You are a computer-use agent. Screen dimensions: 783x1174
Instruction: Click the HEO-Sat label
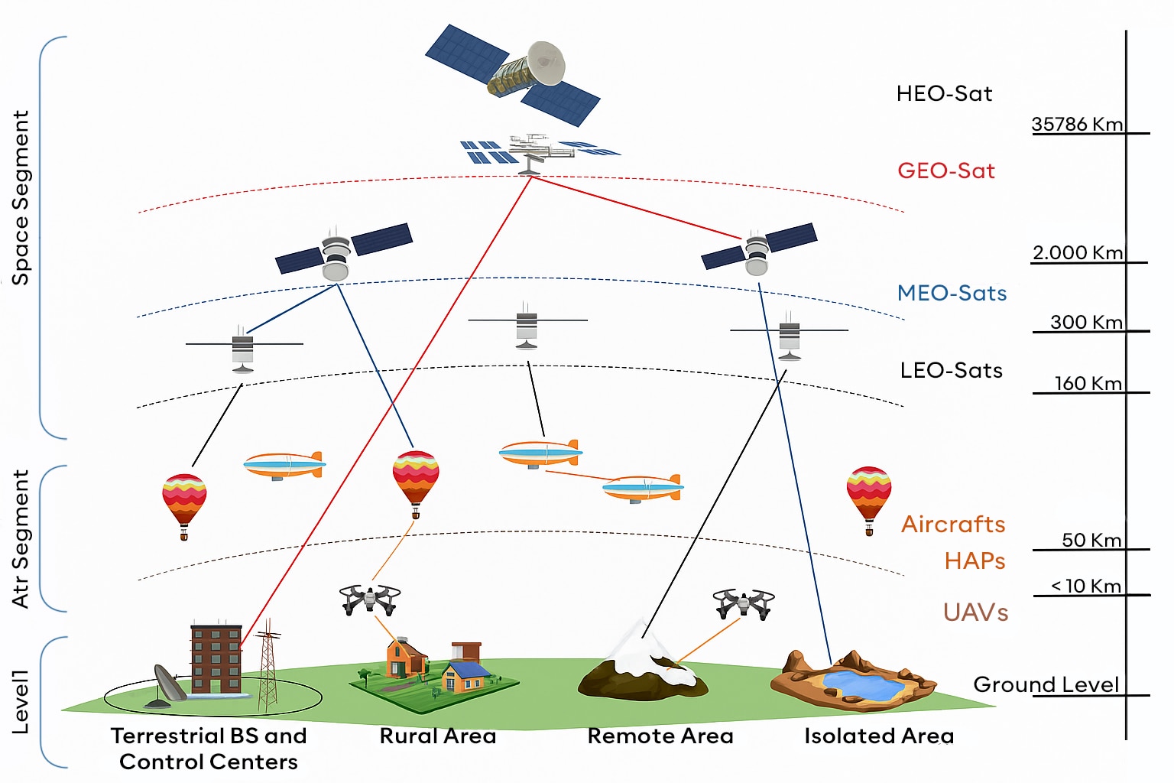944,94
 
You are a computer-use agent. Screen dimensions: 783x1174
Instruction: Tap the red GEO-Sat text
946,171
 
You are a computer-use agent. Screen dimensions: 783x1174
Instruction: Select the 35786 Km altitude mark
1077,124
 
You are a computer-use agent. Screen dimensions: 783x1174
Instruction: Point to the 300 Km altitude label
1086,322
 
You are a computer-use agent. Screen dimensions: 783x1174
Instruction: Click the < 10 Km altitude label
1086,586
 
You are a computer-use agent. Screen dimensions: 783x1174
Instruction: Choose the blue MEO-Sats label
952,293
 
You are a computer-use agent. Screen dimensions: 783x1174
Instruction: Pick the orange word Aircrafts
953,524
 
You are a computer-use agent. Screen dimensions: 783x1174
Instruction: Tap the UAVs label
975,612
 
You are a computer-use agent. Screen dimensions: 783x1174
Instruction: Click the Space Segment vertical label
21,198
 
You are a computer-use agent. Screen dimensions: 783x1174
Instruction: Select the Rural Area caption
438,736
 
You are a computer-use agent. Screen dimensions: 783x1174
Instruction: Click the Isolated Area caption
879,736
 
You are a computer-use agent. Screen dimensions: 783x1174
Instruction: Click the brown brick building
216,658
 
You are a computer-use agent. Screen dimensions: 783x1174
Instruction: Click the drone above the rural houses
370,599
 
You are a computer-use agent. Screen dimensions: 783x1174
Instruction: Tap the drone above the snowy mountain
744,603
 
